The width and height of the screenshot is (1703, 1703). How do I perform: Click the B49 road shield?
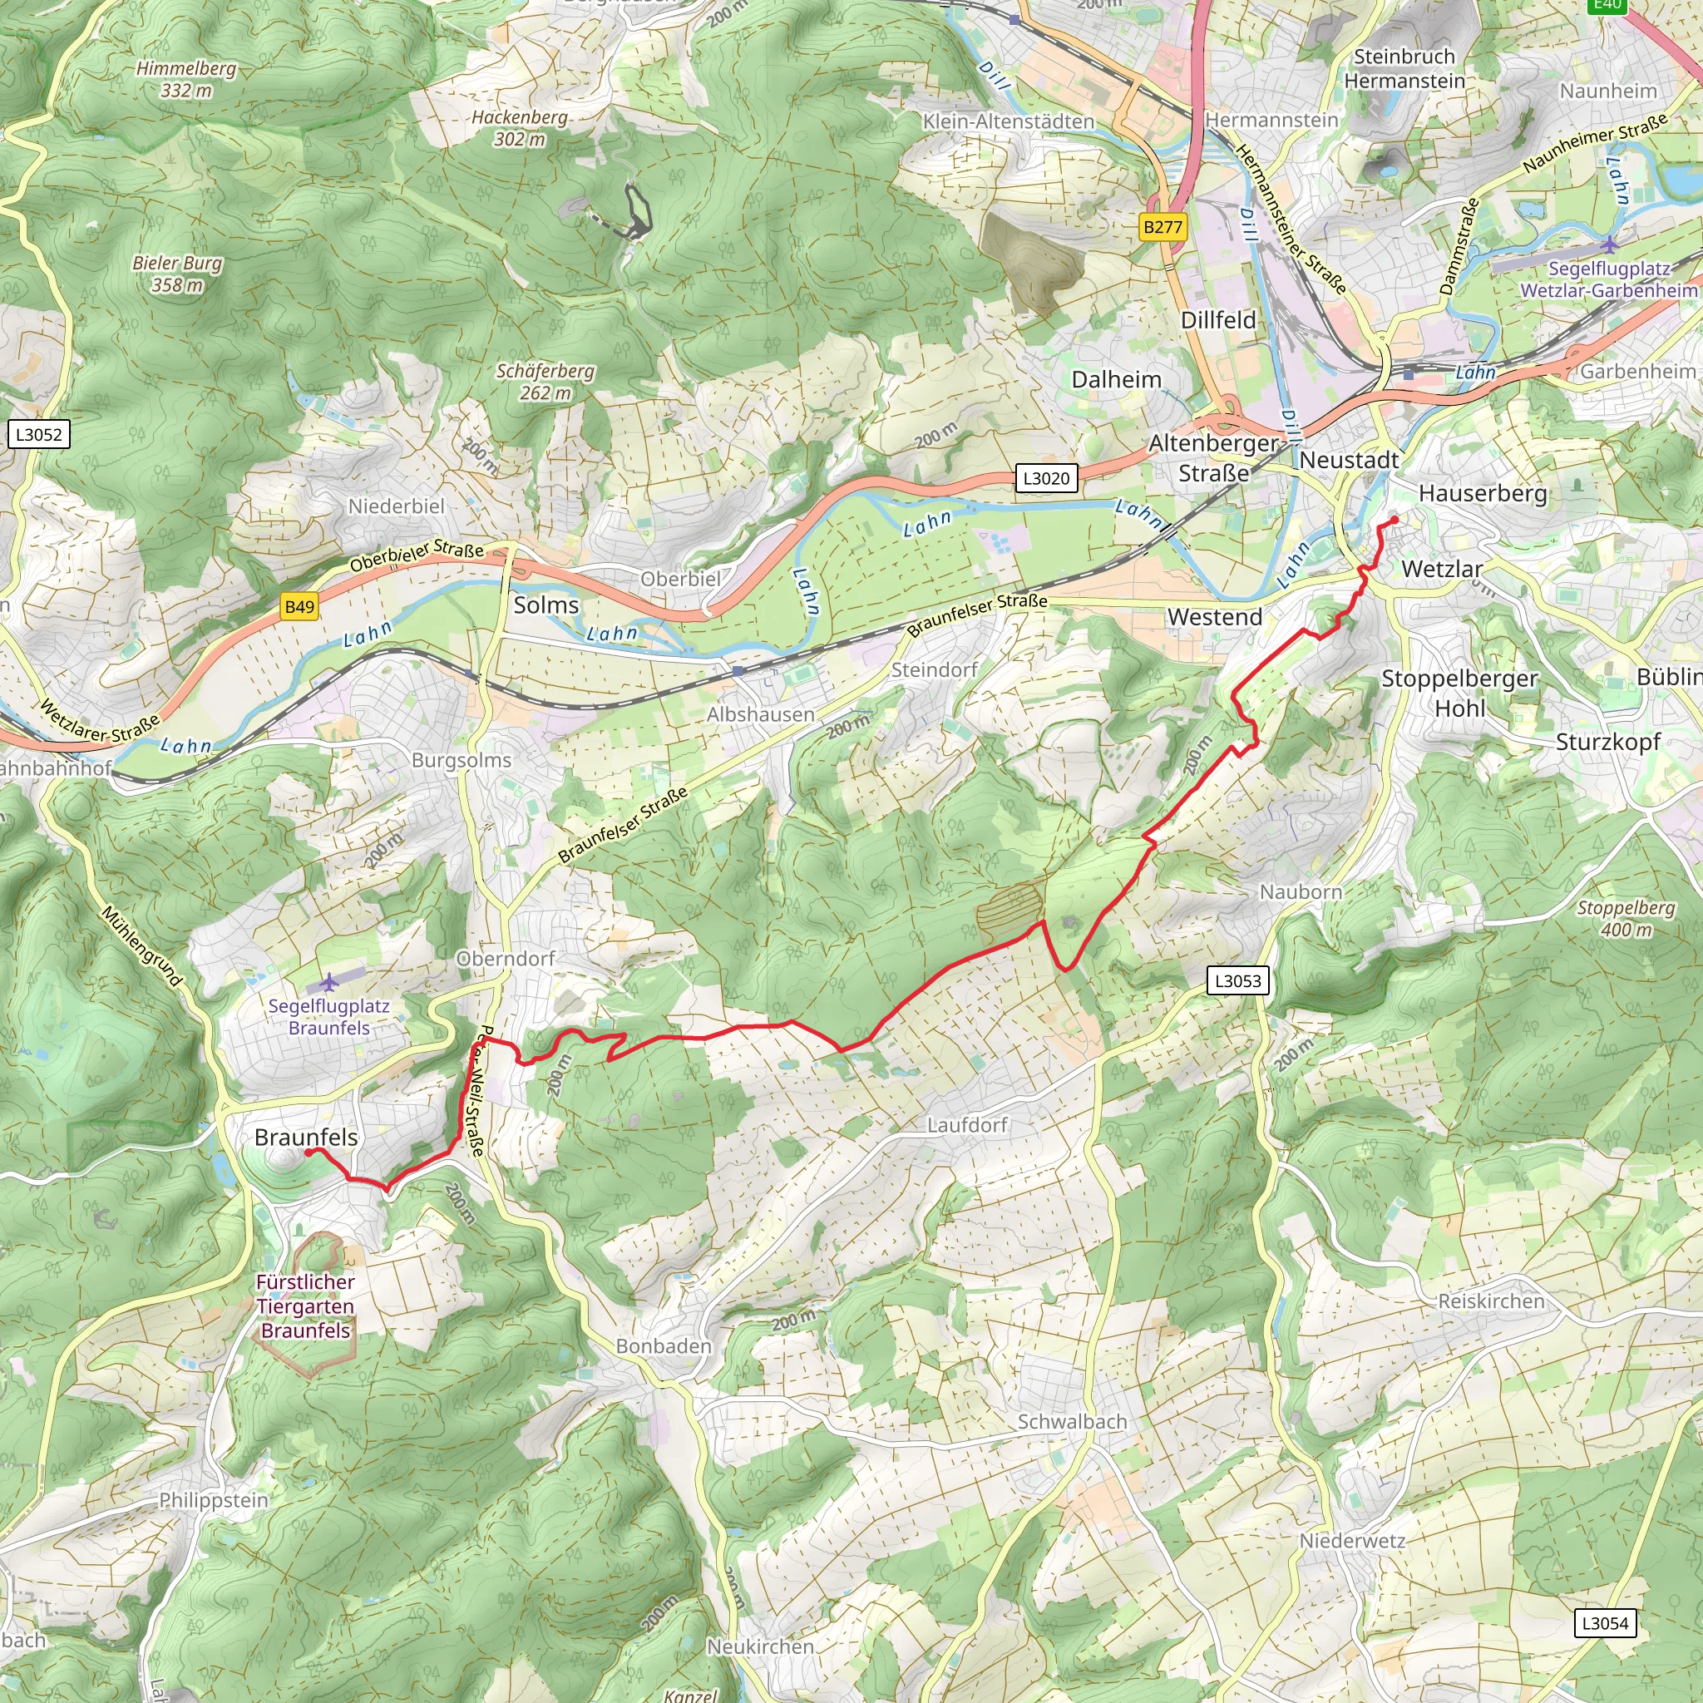click(299, 606)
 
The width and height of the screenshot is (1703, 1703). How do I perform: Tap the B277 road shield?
click(1162, 226)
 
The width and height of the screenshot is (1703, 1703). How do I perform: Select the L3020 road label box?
click(1045, 479)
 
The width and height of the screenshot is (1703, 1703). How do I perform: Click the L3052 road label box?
click(39, 434)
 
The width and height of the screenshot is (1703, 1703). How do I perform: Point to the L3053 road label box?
click(1237, 980)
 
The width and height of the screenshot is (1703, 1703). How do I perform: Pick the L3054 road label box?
click(1605, 1623)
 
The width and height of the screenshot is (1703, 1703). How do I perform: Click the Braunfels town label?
click(306, 1137)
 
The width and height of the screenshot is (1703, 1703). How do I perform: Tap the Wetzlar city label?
click(1442, 569)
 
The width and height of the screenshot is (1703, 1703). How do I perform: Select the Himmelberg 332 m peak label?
click(186, 79)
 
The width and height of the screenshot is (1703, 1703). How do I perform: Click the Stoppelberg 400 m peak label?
click(1626, 919)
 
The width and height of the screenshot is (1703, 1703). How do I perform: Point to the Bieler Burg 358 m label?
click(177, 274)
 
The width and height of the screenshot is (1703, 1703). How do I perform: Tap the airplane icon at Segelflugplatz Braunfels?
click(328, 981)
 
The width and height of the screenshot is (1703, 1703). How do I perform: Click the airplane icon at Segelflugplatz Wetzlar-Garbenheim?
click(1610, 244)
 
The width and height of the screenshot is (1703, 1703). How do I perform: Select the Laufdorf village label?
click(967, 1125)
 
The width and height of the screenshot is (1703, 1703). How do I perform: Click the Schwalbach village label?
click(1072, 1421)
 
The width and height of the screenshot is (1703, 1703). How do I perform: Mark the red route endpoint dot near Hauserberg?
click(1394, 520)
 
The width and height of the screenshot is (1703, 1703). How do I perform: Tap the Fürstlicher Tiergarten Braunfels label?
click(305, 1306)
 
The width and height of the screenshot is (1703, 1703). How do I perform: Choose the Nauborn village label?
click(1301, 892)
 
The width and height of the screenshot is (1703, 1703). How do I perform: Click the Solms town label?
click(545, 605)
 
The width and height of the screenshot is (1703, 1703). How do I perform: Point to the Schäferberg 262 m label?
click(545, 382)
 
